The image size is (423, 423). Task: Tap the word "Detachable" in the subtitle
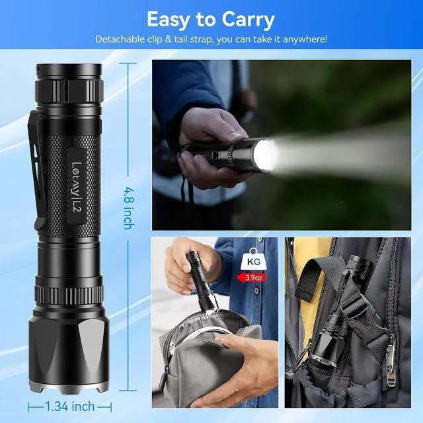point(120,39)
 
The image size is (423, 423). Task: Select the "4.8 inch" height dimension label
point(128,209)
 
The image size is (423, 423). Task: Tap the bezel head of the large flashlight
point(67,357)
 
